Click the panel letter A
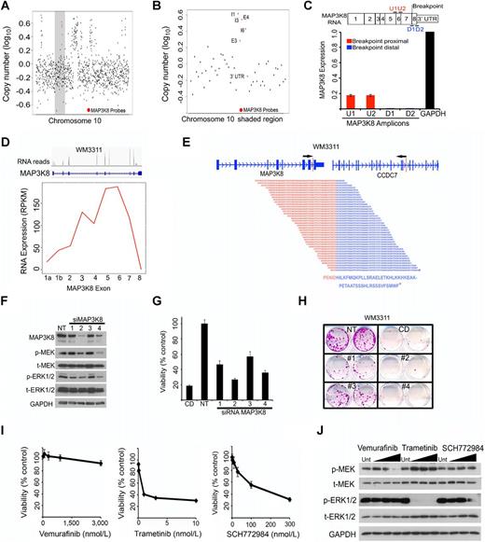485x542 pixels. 7,8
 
